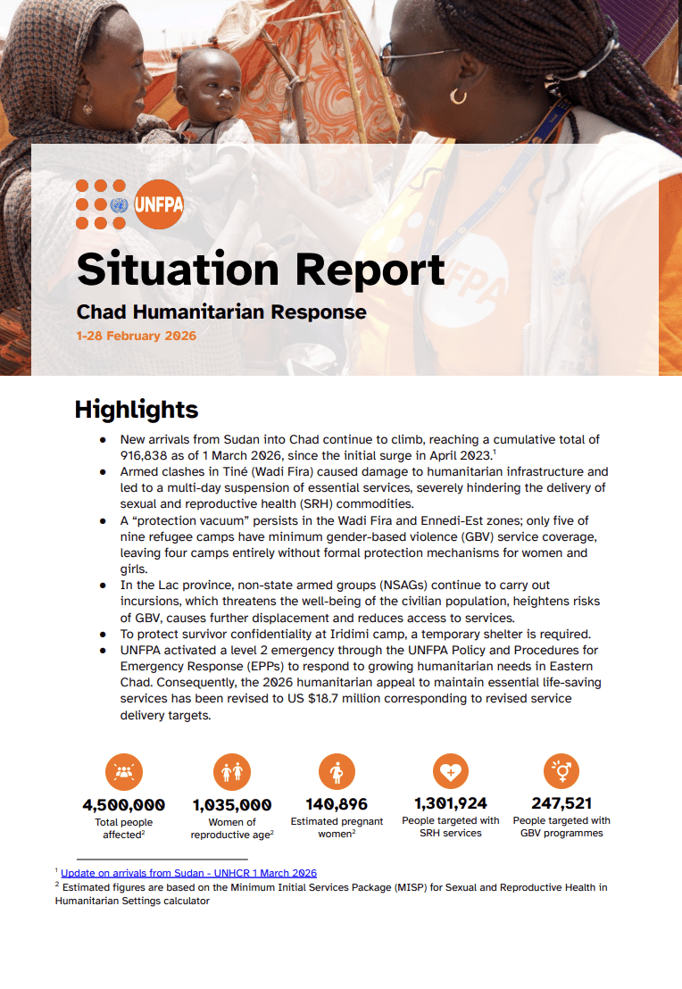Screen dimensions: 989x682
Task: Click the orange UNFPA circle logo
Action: (159, 204)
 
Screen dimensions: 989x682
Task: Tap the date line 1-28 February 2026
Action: (136, 337)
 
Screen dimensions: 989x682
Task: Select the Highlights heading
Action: (136, 410)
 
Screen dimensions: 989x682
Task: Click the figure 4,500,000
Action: (123, 805)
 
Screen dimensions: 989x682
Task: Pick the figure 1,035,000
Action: (232, 805)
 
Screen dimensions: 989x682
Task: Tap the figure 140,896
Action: (337, 804)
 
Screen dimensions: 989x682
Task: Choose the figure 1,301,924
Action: (450, 803)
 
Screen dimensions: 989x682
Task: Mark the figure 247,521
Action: (561, 803)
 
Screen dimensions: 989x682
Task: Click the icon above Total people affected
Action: (124, 772)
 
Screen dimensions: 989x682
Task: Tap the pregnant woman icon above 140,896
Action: (337, 772)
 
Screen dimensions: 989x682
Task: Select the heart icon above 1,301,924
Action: (450, 770)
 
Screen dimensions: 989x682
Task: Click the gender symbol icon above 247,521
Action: (561, 770)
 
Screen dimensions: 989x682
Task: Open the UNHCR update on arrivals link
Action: (188, 873)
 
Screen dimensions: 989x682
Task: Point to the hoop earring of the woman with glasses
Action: (458, 95)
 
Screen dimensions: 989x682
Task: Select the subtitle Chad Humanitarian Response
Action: (221, 312)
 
